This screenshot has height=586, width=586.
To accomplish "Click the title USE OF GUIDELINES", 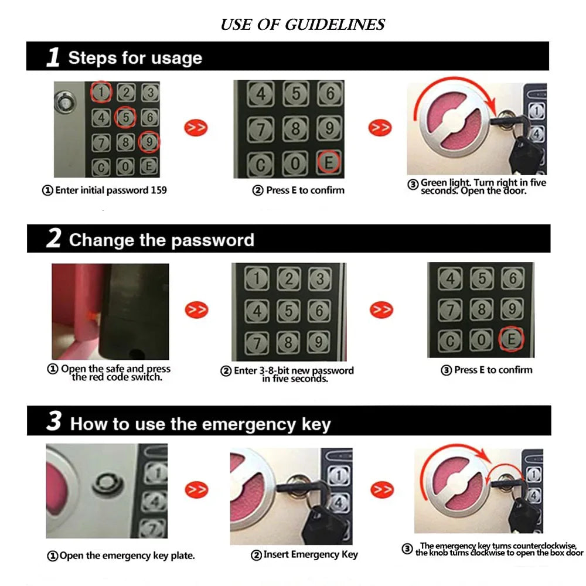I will pyautogui.click(x=302, y=25).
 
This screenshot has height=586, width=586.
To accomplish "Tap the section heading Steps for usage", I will pyautogui.click(x=135, y=58).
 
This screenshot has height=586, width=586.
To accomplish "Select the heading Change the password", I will pyautogui.click(x=161, y=240).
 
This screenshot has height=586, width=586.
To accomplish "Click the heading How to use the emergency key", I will pyautogui.click(x=200, y=424).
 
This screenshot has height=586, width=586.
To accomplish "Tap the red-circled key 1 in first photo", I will pyautogui.click(x=101, y=91).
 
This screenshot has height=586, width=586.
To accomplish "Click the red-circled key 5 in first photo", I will pyautogui.click(x=125, y=117).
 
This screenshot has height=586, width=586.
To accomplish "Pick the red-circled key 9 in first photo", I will pyautogui.click(x=149, y=142).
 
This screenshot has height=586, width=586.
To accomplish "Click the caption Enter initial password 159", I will pyautogui.click(x=104, y=190).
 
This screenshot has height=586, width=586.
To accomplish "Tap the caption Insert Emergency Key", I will pyautogui.click(x=304, y=554).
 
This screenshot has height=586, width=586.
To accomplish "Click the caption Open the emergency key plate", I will pyautogui.click(x=121, y=555).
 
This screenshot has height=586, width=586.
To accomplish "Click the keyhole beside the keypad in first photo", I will pyautogui.click(x=64, y=103).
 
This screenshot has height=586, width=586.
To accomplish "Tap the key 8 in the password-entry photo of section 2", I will pyautogui.click(x=287, y=342).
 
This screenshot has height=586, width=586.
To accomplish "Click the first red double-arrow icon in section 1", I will pyautogui.click(x=196, y=127).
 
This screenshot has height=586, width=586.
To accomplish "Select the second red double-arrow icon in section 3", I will pyautogui.click(x=381, y=489).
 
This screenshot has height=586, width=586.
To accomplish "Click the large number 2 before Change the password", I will pyautogui.click(x=53, y=240).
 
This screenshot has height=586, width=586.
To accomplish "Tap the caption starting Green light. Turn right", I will pyautogui.click(x=483, y=187).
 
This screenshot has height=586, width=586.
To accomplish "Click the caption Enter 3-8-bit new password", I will pyautogui.click(x=287, y=374).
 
